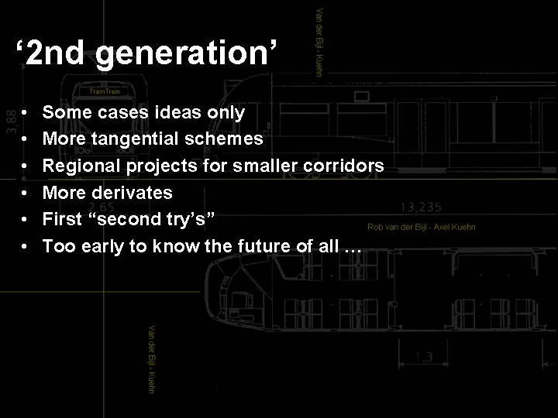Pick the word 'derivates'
point(135,192)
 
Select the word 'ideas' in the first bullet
point(176,113)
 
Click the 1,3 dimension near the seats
point(423,357)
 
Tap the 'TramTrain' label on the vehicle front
point(104,91)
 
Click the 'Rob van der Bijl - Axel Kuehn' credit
point(422,227)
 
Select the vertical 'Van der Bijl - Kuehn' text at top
point(319,40)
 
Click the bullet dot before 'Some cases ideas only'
point(26,113)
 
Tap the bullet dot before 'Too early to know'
point(26,246)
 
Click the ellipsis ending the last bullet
point(353,246)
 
